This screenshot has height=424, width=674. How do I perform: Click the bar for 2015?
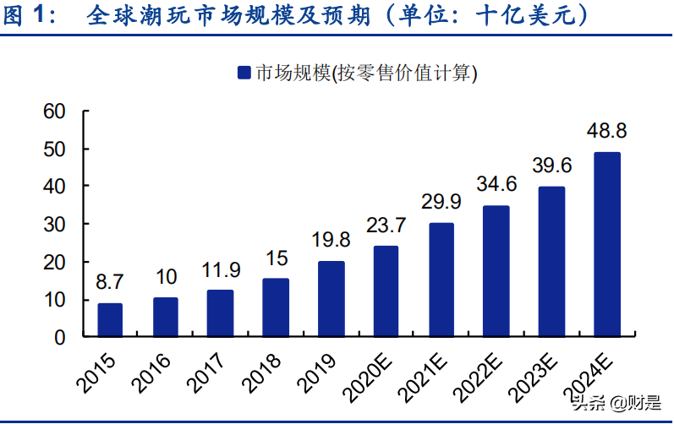point(110,320)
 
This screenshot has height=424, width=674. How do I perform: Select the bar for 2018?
point(276,307)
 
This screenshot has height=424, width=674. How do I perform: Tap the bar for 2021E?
point(441,280)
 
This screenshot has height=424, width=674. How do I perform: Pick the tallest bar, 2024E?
point(606,244)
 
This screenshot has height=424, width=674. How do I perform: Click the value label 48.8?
point(606,132)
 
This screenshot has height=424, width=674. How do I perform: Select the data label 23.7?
point(386,226)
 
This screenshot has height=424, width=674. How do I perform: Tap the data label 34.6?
point(496,183)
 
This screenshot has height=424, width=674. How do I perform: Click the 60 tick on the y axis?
point(54,111)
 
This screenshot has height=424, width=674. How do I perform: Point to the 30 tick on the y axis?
point(54,224)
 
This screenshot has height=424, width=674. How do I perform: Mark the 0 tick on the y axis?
point(59,337)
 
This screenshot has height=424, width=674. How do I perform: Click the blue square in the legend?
point(244,73)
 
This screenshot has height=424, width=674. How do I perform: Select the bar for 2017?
point(221,313)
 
